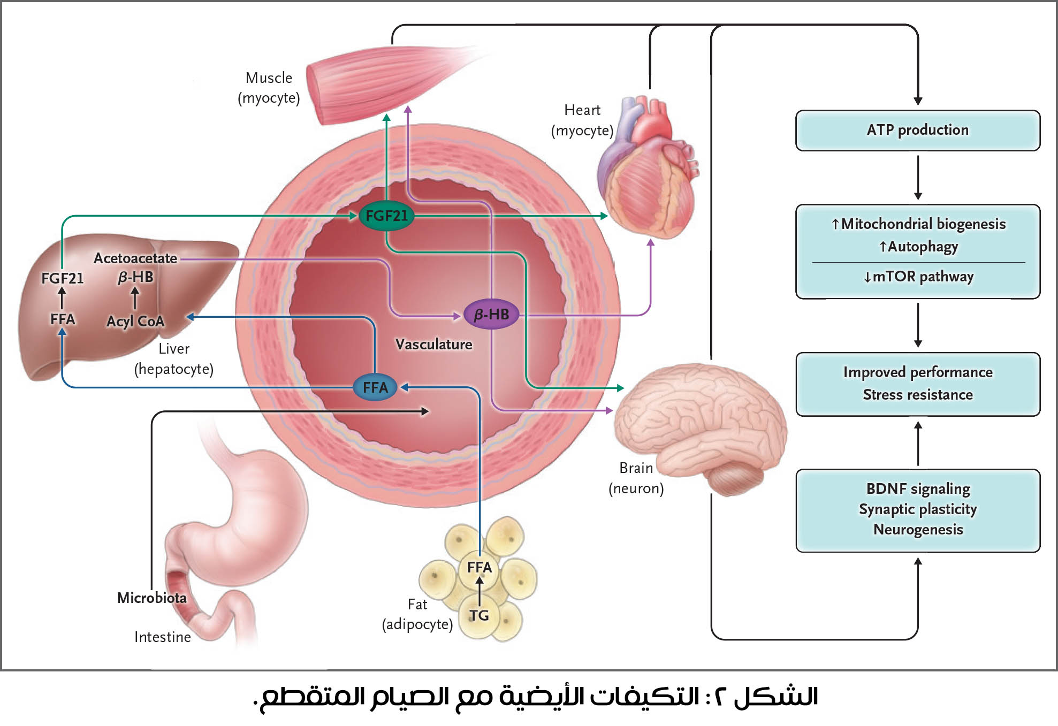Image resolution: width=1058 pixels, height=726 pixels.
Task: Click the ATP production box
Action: pyautogui.click(x=917, y=130)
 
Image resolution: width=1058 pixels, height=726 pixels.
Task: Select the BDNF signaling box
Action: pyautogui.click(x=917, y=509)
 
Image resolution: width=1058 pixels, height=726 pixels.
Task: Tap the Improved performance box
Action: pyautogui.click(x=917, y=384)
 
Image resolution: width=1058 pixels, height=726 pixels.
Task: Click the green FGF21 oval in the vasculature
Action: pyautogui.click(x=386, y=216)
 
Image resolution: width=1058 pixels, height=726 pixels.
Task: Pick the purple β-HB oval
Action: pyautogui.click(x=491, y=314)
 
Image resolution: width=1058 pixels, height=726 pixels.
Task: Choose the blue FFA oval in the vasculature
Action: pyautogui.click(x=375, y=387)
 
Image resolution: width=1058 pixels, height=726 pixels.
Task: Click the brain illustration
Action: pyautogui.click(x=696, y=417)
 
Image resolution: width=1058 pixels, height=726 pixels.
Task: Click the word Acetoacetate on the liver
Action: pyautogui.click(x=135, y=258)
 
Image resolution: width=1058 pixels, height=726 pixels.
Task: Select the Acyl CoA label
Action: pyautogui.click(x=135, y=321)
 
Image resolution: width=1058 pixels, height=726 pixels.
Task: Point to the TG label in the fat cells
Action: pyautogui.click(x=479, y=615)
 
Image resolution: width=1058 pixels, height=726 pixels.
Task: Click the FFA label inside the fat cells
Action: pyautogui.click(x=479, y=567)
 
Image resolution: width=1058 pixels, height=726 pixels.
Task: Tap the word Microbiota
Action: pyautogui.click(x=152, y=598)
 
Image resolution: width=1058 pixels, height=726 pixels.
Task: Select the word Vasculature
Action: pyautogui.click(x=433, y=344)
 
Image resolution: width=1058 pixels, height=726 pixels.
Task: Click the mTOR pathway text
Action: pyautogui.click(x=923, y=277)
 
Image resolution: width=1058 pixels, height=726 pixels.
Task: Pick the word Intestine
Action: pyautogui.click(x=163, y=637)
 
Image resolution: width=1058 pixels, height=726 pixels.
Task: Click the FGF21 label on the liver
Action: pyautogui.click(x=63, y=278)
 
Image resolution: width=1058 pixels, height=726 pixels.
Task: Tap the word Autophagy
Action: pyautogui.click(x=923, y=247)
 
